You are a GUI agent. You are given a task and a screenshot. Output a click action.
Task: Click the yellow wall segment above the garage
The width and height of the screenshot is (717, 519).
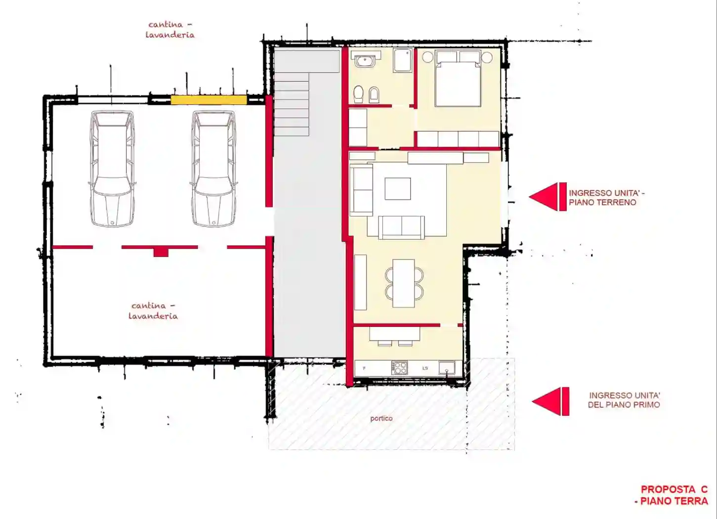click(209, 100)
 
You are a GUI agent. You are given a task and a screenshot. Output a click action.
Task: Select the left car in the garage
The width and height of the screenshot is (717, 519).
click(112, 169)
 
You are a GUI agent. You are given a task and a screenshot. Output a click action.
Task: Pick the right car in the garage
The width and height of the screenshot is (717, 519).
click(213, 169)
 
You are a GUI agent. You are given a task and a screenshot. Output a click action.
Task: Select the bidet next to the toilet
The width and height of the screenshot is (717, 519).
click(374, 95)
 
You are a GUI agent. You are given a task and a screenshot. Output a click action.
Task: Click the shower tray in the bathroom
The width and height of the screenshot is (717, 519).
click(403, 60)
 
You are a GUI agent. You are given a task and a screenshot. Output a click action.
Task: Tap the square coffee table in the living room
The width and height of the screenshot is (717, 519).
click(398, 189)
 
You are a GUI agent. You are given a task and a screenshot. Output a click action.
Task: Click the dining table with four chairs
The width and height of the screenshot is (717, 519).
click(404, 283)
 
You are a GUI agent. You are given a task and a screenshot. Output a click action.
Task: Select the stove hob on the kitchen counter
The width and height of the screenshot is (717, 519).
click(399, 368)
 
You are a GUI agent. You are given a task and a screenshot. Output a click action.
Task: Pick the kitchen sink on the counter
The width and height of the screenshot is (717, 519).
click(447, 368)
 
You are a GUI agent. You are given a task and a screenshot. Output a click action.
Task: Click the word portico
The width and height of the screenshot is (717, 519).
click(381, 419)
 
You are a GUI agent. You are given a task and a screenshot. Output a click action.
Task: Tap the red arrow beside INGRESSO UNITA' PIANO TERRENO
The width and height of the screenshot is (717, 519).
click(548, 197)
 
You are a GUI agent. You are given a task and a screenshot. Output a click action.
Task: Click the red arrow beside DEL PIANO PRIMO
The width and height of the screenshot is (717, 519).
click(550, 401)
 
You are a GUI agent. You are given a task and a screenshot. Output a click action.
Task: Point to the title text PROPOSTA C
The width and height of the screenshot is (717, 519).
click(674, 489)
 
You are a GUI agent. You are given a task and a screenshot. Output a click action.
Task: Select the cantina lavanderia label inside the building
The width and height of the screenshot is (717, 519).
click(153, 311)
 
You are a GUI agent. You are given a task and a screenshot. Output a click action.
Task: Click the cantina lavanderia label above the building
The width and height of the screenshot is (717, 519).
click(170, 30)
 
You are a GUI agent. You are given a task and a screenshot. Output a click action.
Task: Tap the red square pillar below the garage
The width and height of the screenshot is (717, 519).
click(161, 252)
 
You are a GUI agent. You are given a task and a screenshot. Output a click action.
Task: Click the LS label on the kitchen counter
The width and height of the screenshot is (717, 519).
click(425, 368)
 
